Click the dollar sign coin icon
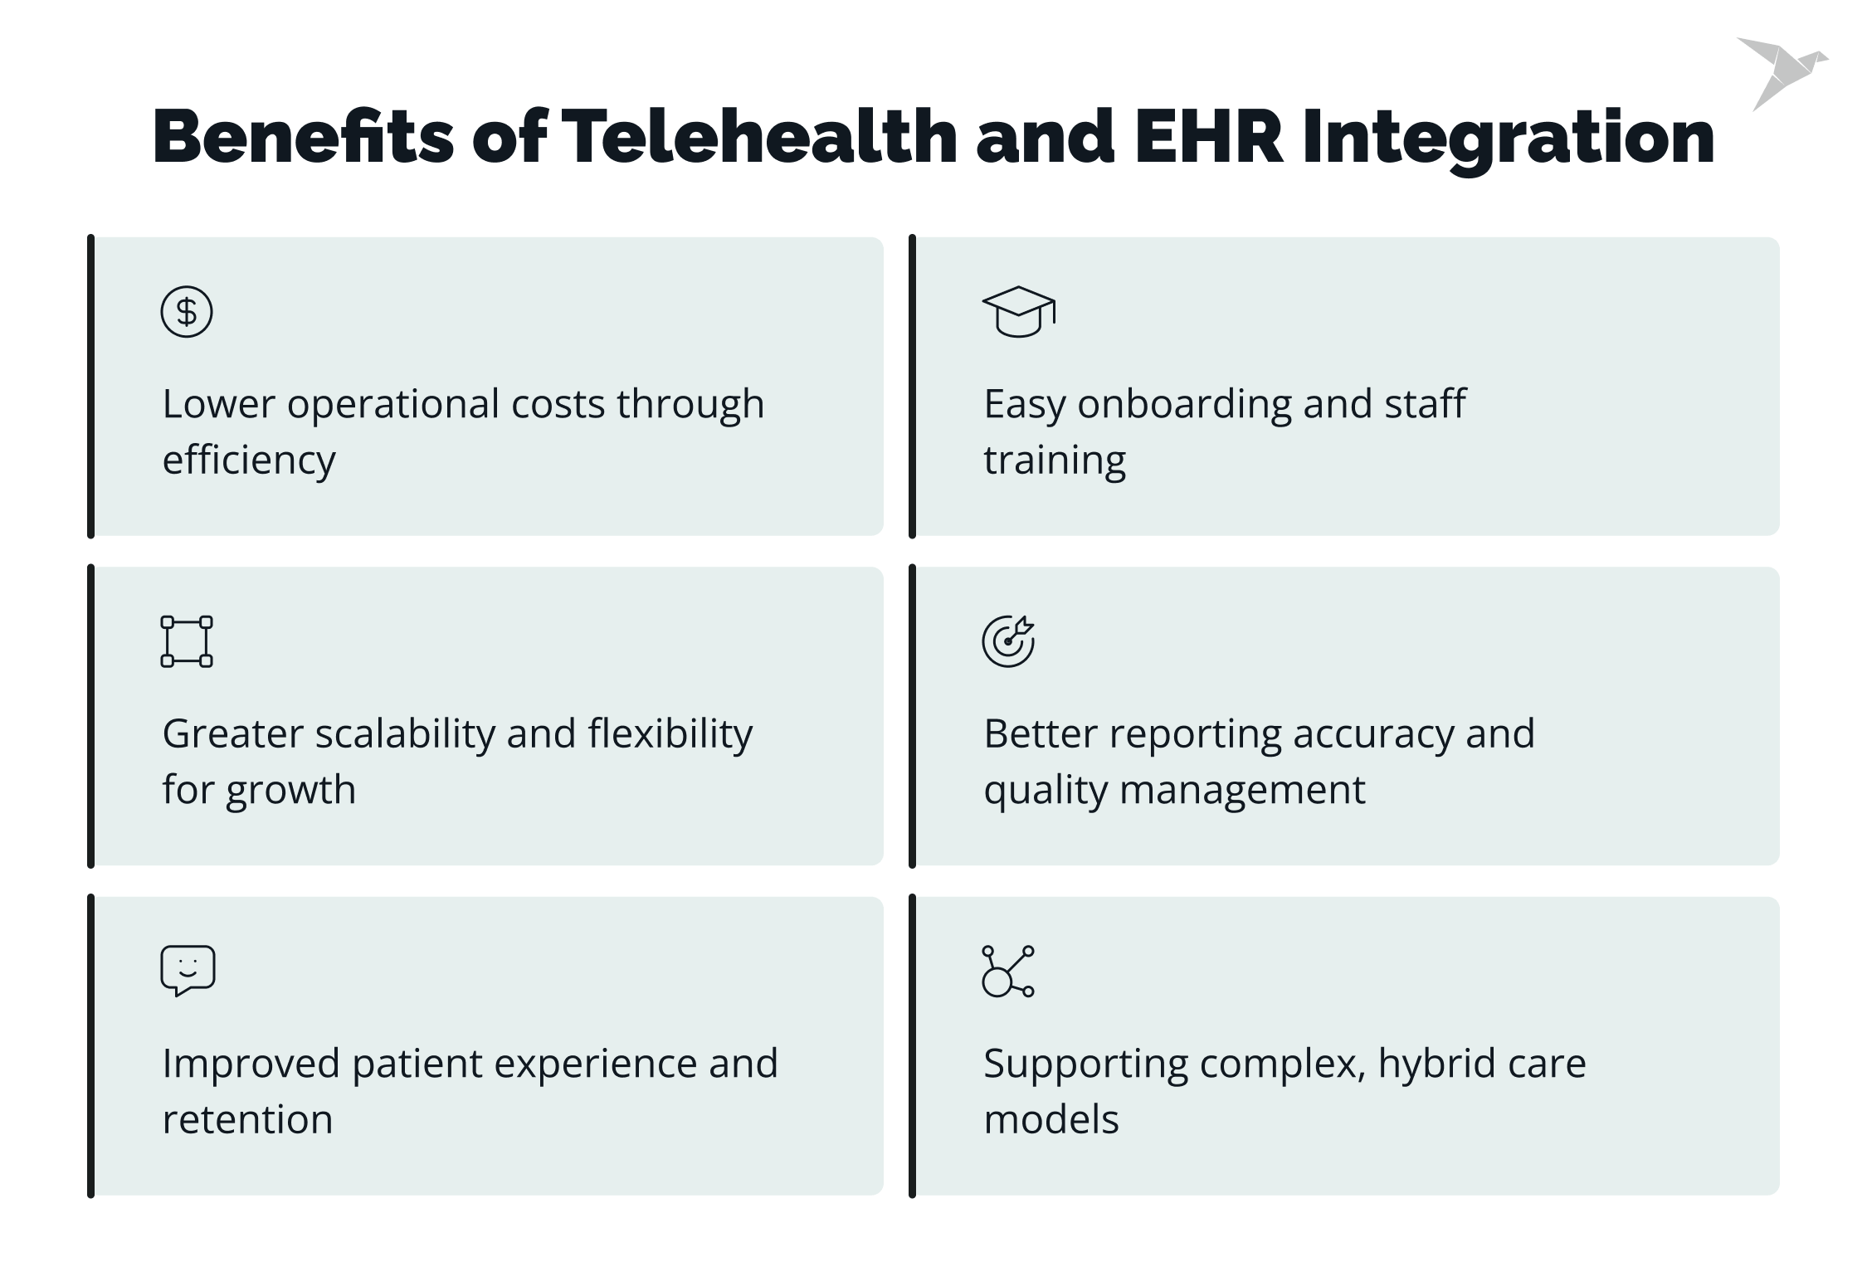point(187,312)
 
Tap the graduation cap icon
point(1018,312)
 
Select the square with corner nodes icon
point(187,641)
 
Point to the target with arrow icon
point(1008,641)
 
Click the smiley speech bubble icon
point(188,970)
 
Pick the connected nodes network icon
point(1008,971)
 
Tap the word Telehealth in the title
point(759,137)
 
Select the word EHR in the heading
point(1209,137)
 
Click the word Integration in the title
point(1508,137)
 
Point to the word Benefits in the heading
point(303,137)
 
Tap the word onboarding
point(1184,405)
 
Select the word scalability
point(405,734)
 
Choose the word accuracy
point(1372,734)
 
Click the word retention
point(247,1120)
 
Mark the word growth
point(290,790)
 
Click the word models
point(1051,1120)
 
